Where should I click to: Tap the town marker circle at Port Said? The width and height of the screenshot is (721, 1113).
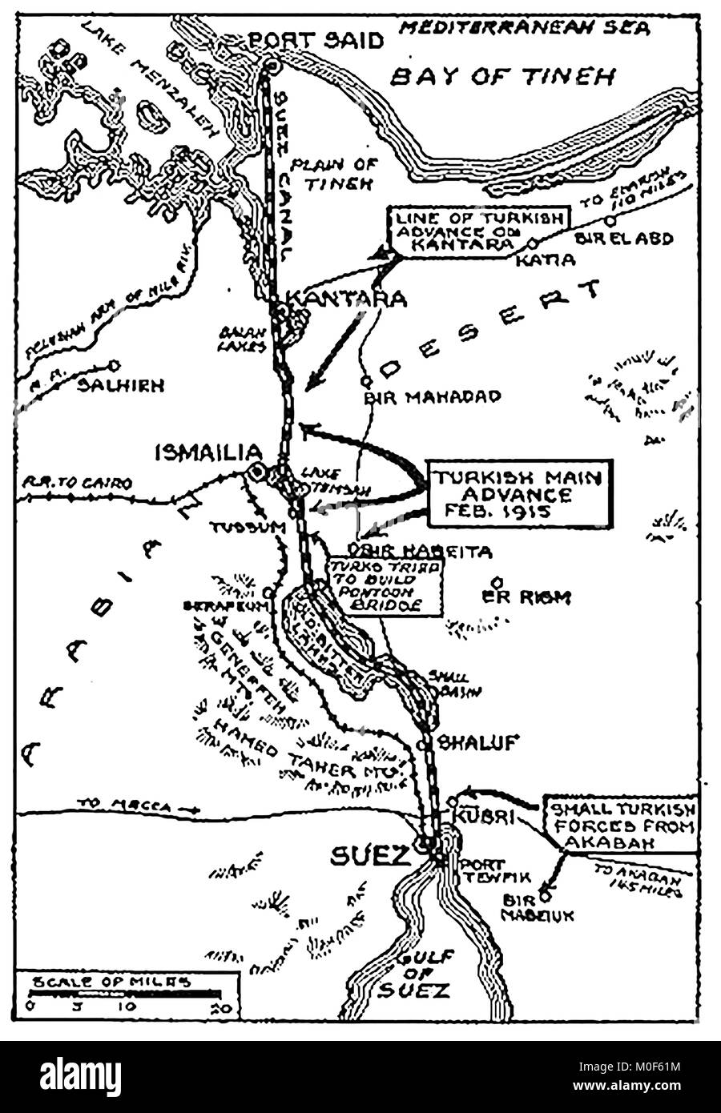click(x=271, y=64)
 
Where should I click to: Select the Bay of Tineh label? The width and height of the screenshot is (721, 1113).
click(x=502, y=77)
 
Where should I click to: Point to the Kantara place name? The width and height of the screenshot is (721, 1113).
click(x=346, y=299)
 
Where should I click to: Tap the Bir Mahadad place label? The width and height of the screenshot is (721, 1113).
click(x=432, y=396)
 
